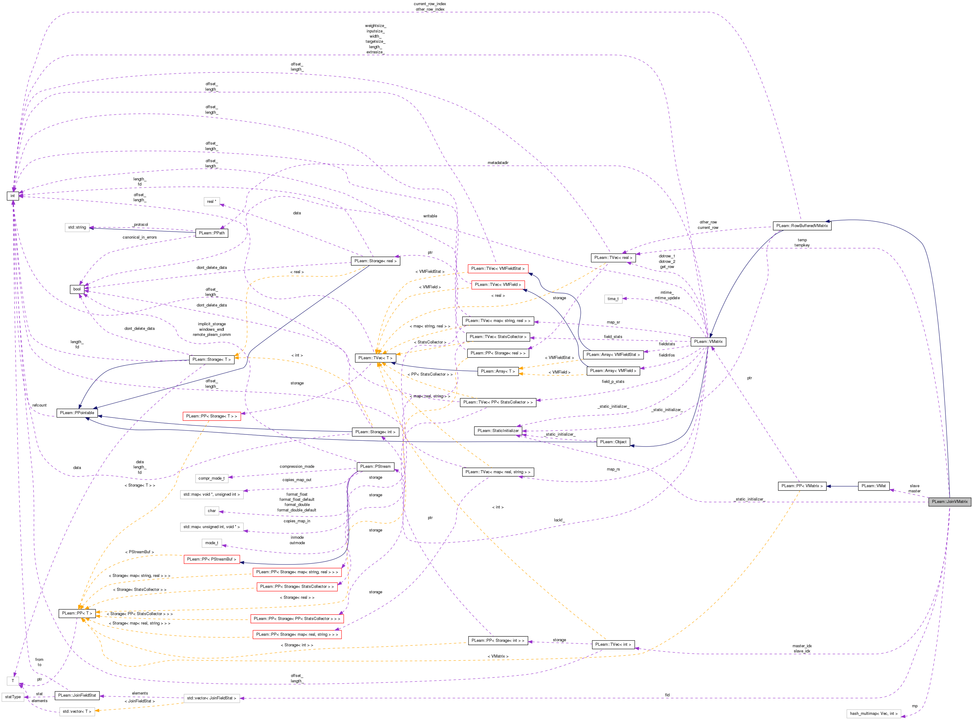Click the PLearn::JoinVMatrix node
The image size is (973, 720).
pos(949,502)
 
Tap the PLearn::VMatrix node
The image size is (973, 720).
pos(708,342)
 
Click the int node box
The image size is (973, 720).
pos(13,196)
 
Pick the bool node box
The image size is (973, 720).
pos(77,289)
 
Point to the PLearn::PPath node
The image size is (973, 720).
pos(212,233)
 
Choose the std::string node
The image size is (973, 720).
pos(77,227)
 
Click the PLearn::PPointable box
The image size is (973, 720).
pos(77,413)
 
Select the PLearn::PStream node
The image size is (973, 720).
pos(375,466)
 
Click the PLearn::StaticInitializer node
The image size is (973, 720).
pos(498,430)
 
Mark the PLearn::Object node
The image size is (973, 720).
pos(613,442)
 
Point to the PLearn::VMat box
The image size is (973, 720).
pos(873,486)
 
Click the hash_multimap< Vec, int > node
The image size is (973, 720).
pos(873,713)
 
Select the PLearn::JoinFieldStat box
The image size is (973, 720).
pos(77,695)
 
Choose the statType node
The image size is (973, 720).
pos(13,697)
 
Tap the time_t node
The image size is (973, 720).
pos(613,299)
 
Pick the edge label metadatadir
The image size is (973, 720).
pos(498,162)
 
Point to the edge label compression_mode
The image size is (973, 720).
pos(297,466)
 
